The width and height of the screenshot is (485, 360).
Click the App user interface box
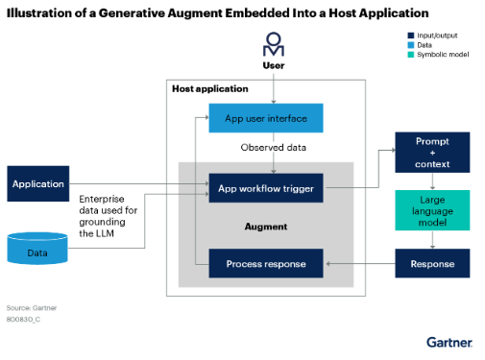[266, 118]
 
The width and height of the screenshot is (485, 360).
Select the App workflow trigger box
[266, 188]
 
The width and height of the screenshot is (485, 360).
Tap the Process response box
[266, 263]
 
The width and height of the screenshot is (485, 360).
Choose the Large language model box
[431, 209]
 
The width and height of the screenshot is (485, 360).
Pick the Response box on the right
[431, 262]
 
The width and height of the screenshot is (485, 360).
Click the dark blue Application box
[38, 183]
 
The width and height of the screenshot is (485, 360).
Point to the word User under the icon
[275, 65]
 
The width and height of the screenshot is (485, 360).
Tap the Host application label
[209, 89]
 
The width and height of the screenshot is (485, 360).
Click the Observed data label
[272, 150]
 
